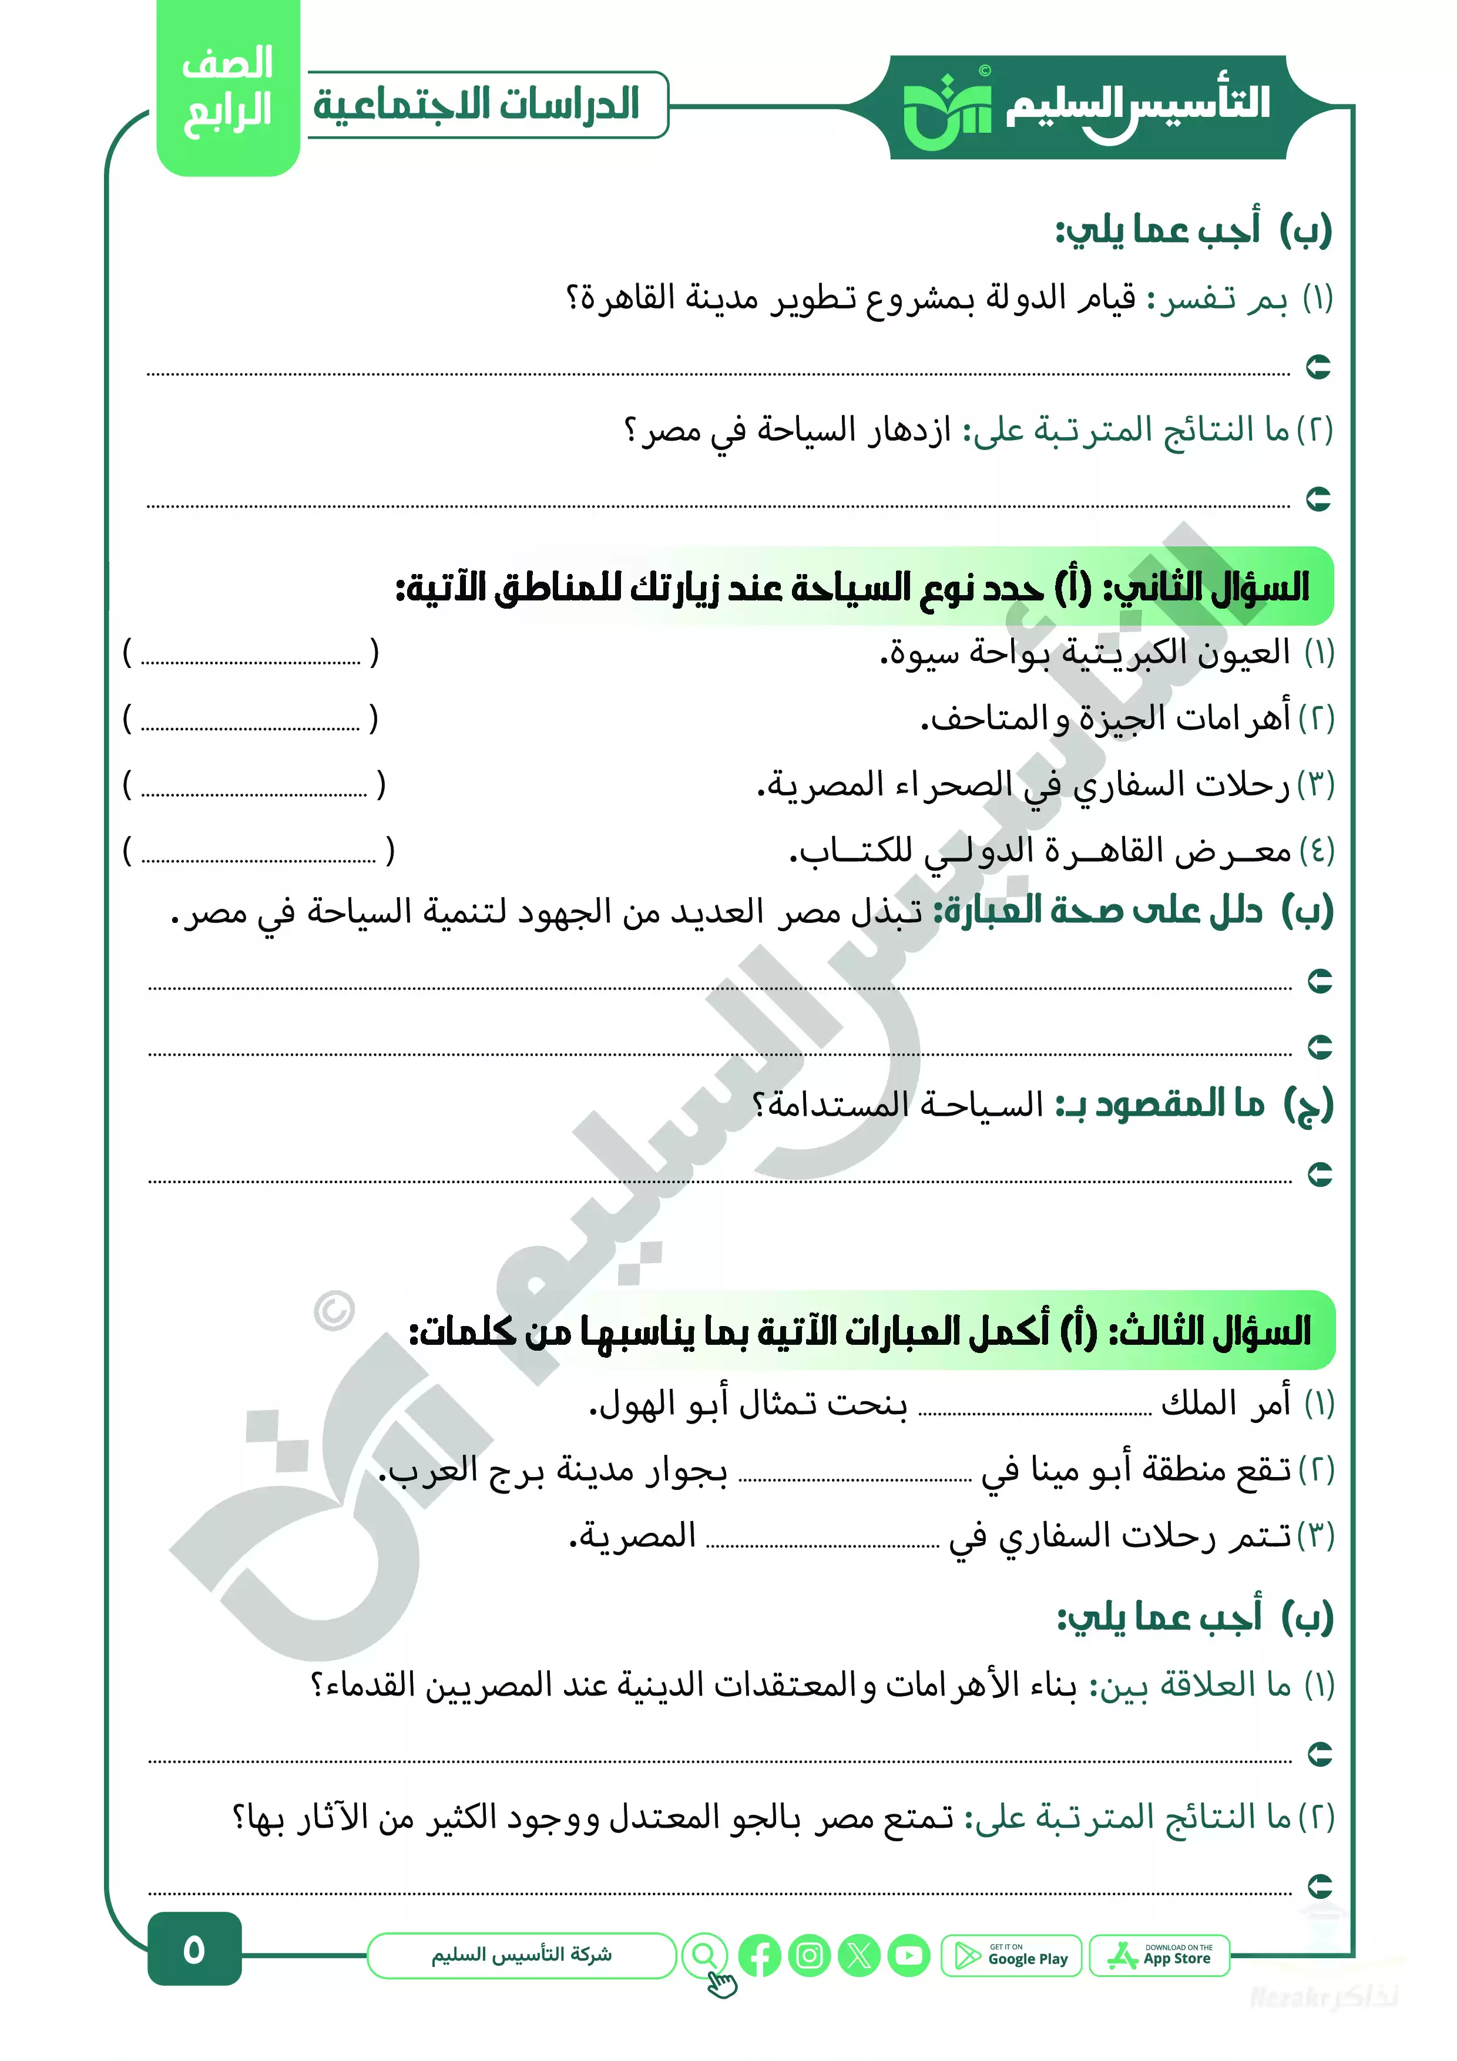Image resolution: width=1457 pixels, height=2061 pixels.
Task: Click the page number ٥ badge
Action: pos(194,1950)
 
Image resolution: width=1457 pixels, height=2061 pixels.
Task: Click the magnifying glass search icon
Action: pos(705,1955)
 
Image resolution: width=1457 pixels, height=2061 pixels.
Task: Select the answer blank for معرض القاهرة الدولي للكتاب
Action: pos(258,852)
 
